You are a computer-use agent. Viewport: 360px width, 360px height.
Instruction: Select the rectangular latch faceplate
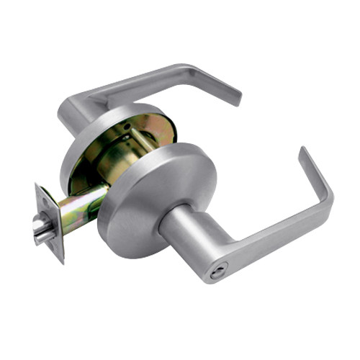(49, 220)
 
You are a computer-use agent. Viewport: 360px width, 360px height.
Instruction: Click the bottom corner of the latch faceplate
(60, 260)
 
